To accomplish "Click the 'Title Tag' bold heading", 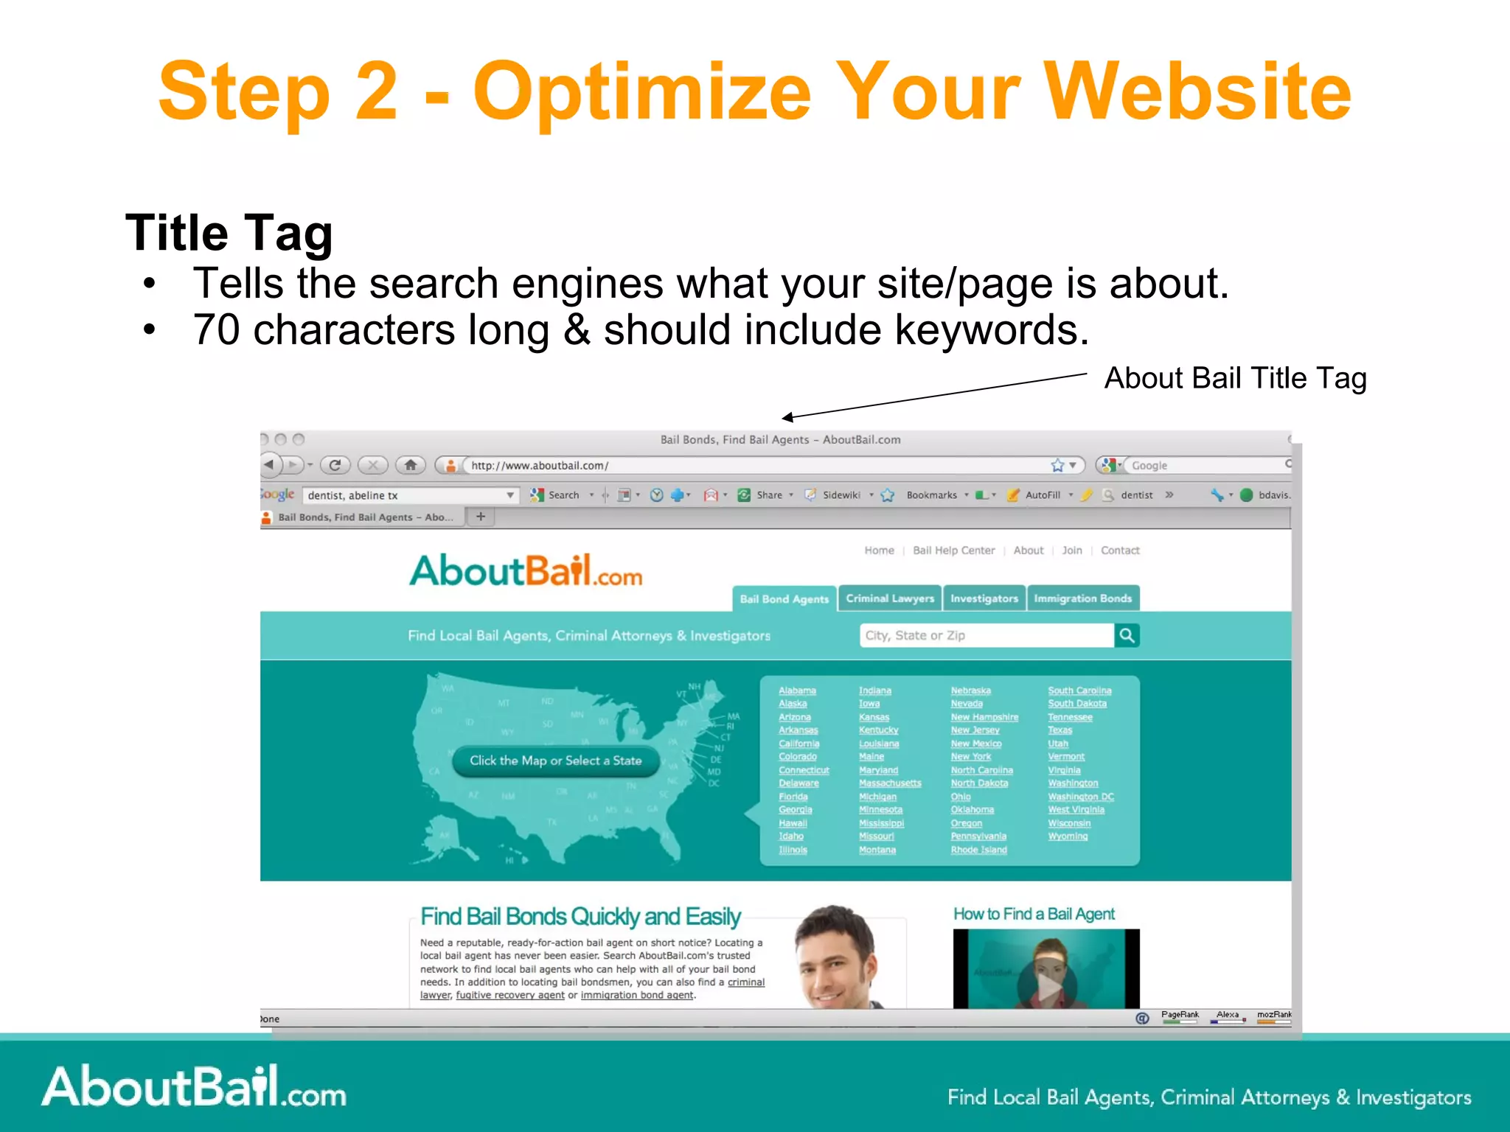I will pyautogui.click(x=229, y=233).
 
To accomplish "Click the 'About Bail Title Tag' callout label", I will pyautogui.click(x=1235, y=378).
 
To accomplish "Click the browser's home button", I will pyautogui.click(x=411, y=465).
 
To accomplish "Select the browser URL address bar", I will pyautogui.click(x=752, y=466).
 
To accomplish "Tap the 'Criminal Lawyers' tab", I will pyautogui.click(x=890, y=598).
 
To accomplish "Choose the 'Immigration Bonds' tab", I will pyautogui.click(x=1082, y=598).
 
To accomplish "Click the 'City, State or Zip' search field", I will pyautogui.click(x=987, y=635).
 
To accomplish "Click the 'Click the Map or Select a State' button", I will pyautogui.click(x=555, y=761).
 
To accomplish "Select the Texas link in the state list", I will pyautogui.click(x=1060, y=730).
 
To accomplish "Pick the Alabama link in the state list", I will pyautogui.click(x=797, y=691).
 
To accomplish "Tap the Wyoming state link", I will pyautogui.click(x=1068, y=836).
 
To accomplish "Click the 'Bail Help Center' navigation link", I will pyautogui.click(x=953, y=551).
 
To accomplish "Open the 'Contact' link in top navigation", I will pyautogui.click(x=1119, y=551).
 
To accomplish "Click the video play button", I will pyautogui.click(x=1048, y=985).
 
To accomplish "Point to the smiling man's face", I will pyautogui.click(x=837, y=958).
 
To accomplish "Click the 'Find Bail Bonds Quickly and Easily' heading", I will pyautogui.click(x=580, y=916).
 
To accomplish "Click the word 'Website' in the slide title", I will pyautogui.click(x=1197, y=91).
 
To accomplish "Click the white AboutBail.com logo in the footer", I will pyautogui.click(x=194, y=1087).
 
